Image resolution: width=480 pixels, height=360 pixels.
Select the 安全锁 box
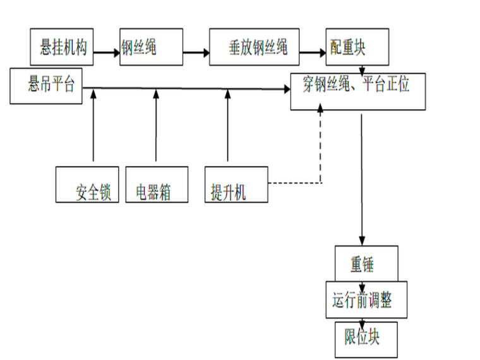(87, 184)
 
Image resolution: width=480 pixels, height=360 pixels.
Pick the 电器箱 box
(157, 184)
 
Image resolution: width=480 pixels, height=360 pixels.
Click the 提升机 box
(237, 184)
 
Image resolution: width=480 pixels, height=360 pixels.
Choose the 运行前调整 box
(366, 299)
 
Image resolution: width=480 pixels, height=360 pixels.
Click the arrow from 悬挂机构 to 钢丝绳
(105, 52)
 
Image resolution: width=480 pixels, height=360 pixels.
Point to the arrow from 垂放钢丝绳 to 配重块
(312, 52)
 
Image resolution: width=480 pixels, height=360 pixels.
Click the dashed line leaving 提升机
(294, 184)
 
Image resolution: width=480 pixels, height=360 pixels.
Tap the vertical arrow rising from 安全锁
(93, 126)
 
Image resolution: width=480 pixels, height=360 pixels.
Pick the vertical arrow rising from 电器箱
(157, 126)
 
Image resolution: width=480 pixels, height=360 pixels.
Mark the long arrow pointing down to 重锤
(362, 177)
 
